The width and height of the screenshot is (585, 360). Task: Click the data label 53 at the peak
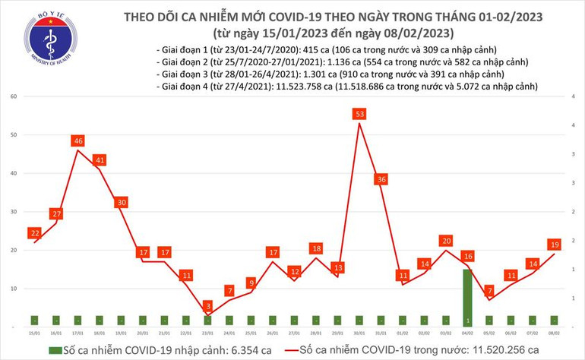click(359, 114)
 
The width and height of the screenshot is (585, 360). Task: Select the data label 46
click(77, 141)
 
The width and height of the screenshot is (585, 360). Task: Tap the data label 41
click(100, 160)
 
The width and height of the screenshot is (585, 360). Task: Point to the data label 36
click(381, 179)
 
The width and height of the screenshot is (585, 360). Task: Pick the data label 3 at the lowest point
click(207, 305)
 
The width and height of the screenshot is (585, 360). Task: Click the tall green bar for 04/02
click(468, 296)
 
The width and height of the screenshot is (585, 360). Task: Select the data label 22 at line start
click(33, 232)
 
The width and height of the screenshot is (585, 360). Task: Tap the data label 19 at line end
click(555, 244)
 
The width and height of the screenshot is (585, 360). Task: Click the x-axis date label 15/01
click(33, 332)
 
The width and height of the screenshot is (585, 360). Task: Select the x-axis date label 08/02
click(555, 332)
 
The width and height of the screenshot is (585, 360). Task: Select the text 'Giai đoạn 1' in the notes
click(186, 49)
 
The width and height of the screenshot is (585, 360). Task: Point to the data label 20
click(446, 241)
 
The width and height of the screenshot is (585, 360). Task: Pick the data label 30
click(121, 202)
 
